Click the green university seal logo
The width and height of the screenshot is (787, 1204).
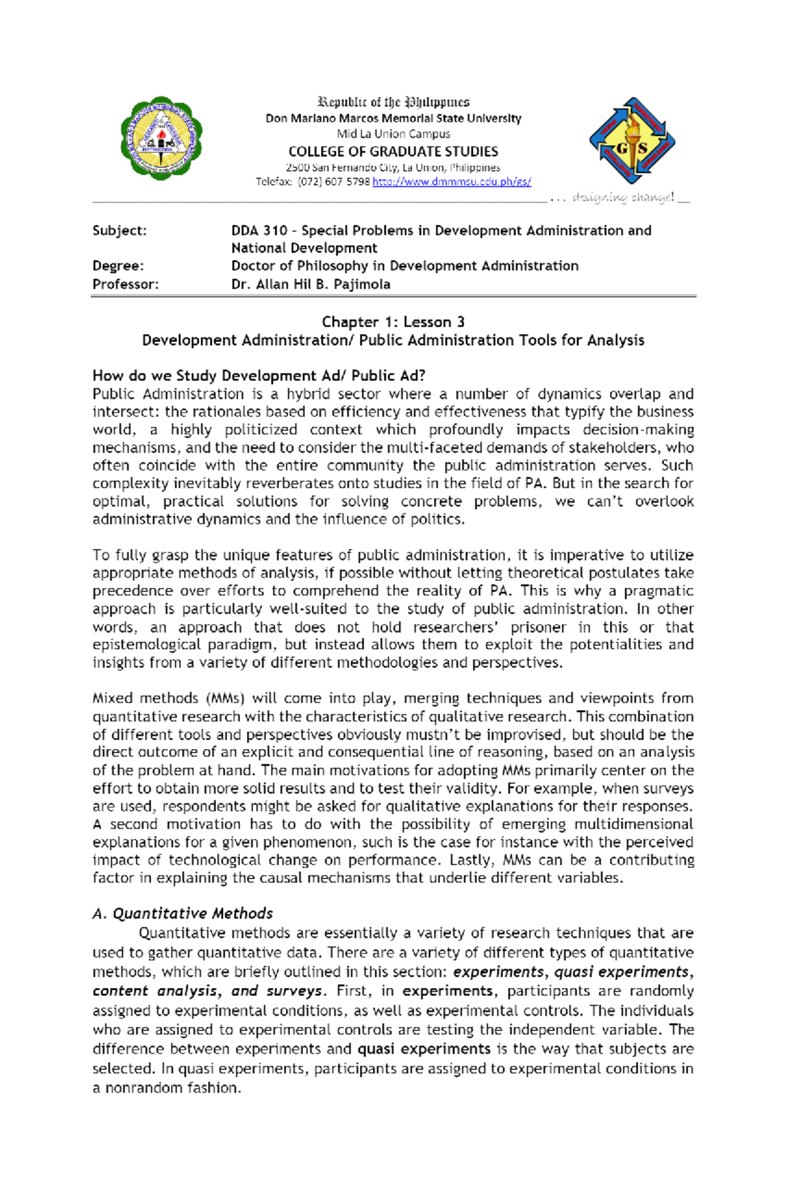click(161, 138)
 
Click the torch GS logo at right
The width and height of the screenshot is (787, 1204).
click(632, 141)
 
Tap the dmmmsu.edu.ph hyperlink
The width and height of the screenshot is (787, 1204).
click(451, 182)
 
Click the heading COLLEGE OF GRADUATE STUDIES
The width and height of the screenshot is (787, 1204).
click(393, 151)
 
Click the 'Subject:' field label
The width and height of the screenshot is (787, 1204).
click(119, 230)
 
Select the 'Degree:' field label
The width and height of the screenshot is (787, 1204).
click(118, 266)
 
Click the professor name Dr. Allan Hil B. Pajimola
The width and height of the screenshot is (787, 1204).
click(310, 284)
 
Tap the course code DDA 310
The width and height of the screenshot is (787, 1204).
click(259, 230)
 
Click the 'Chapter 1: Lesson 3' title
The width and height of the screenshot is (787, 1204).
click(393, 322)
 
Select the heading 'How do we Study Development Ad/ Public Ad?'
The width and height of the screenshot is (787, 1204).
click(258, 375)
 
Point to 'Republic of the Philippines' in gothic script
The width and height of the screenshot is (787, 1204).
click(393, 102)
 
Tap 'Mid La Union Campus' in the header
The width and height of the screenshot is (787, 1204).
click(393, 134)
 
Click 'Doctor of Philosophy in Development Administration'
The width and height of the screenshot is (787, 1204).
click(405, 266)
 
